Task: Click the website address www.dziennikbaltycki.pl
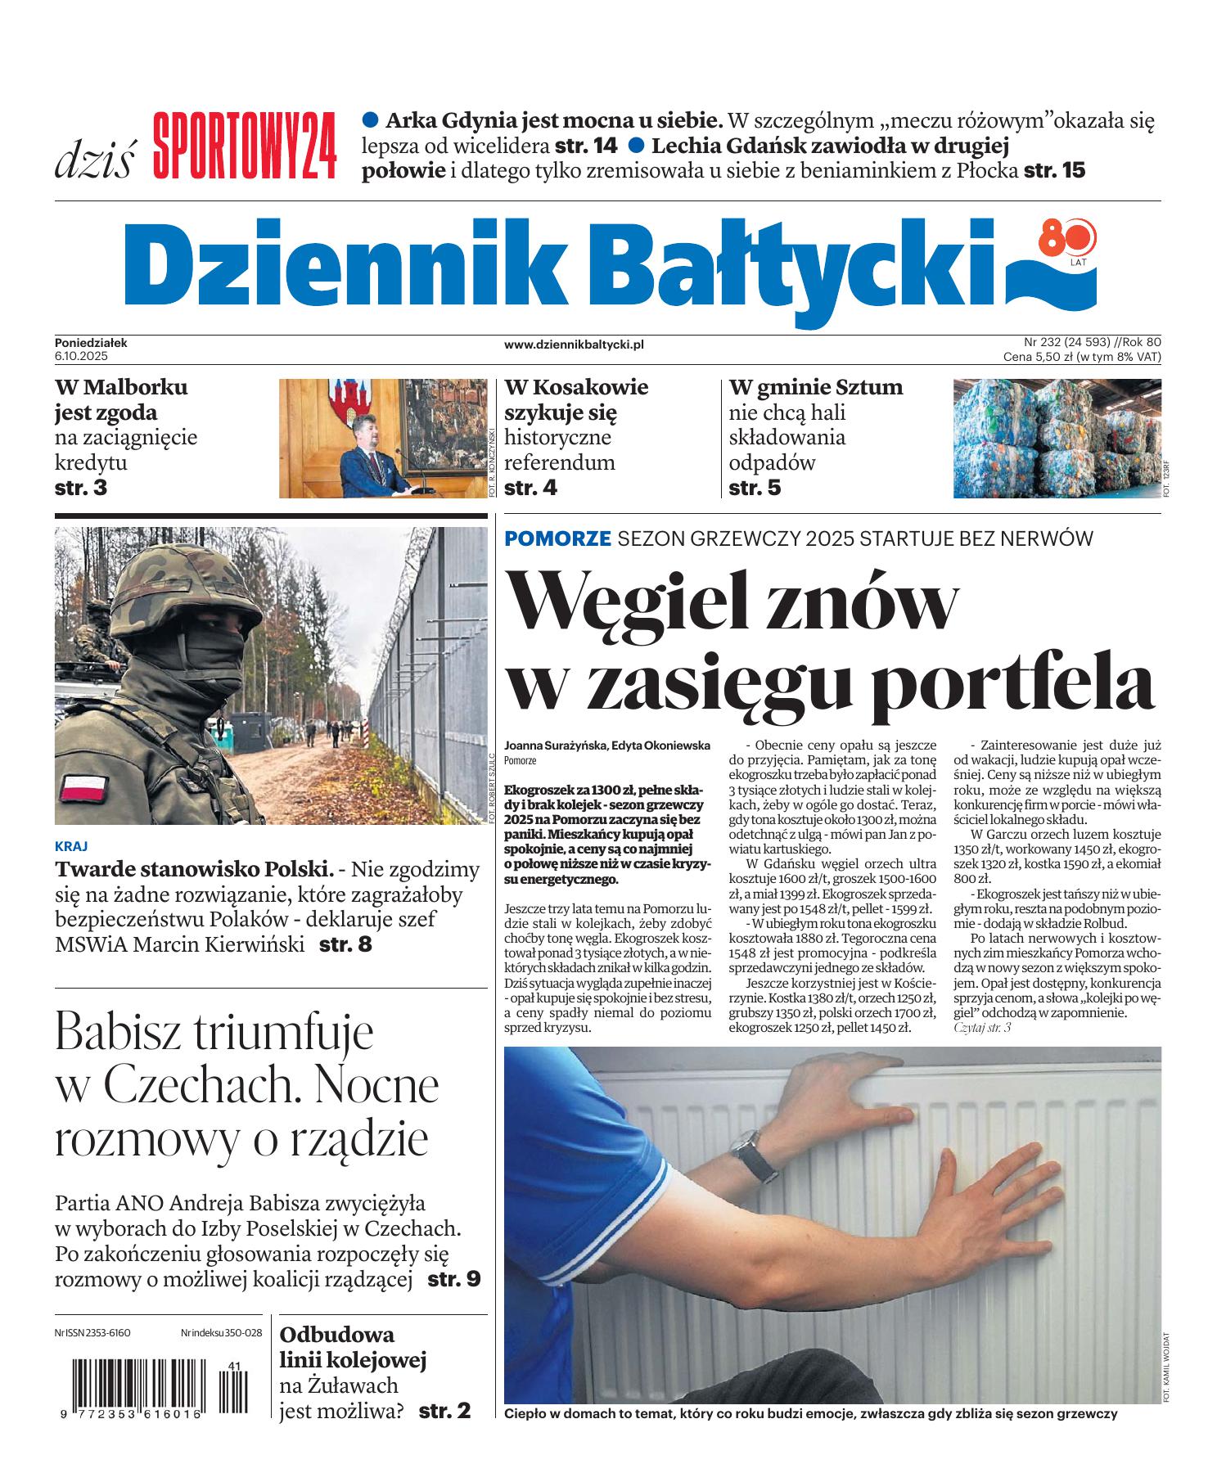(x=574, y=345)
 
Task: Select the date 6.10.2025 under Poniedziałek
(x=82, y=357)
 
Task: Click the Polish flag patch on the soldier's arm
(x=83, y=788)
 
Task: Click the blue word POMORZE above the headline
(x=557, y=538)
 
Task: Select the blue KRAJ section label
(x=71, y=846)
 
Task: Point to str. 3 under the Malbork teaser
(x=81, y=488)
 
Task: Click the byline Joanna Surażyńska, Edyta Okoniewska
(x=606, y=746)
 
